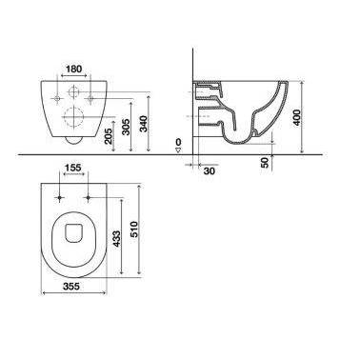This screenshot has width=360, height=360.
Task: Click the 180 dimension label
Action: tap(73, 69)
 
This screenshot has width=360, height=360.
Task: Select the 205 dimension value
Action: tap(109, 136)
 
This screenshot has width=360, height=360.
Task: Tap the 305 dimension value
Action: tap(127, 127)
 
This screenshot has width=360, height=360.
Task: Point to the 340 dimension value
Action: tap(144, 125)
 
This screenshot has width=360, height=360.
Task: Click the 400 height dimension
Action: tap(297, 117)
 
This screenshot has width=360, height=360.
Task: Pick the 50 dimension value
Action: tap(265, 162)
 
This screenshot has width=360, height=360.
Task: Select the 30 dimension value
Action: tap(209, 170)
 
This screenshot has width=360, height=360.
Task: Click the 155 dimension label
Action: tap(73, 168)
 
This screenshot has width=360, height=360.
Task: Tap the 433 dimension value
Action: tap(117, 239)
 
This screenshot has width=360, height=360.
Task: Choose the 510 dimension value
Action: tap(134, 230)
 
